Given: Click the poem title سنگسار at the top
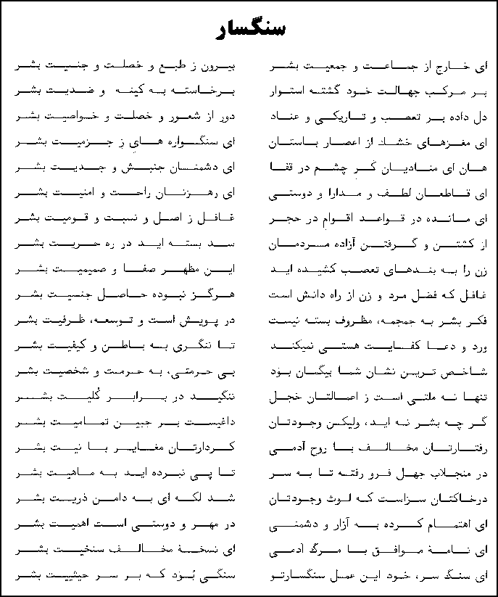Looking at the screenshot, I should (249, 29).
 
